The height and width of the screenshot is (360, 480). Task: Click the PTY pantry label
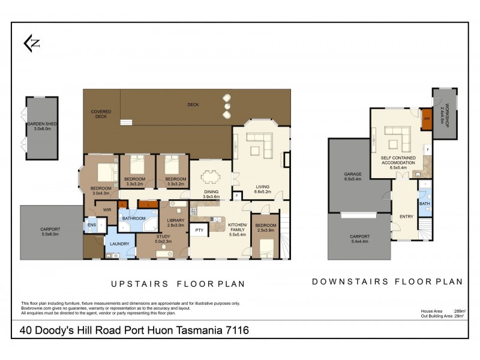click(x=199, y=230)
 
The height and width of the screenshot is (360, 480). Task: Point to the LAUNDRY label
click(x=119, y=244)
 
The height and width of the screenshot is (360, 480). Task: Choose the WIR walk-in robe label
click(x=107, y=210)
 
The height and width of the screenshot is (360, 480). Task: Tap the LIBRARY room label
click(x=176, y=221)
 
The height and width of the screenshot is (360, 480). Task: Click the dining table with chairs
click(x=211, y=176)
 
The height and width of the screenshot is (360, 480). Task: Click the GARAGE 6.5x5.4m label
click(x=352, y=176)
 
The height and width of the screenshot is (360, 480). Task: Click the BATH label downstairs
click(x=425, y=204)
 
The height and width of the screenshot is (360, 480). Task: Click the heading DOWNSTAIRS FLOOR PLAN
click(x=387, y=281)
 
